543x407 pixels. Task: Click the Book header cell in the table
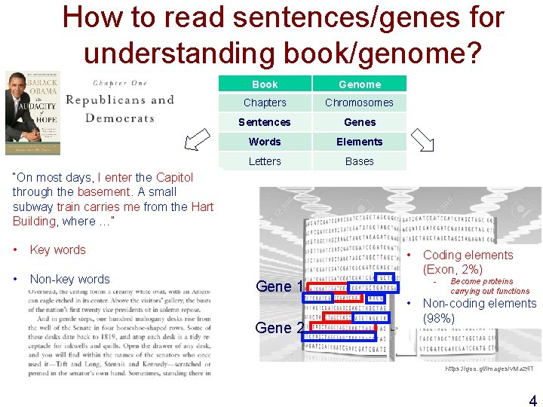click(265, 84)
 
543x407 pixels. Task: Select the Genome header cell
click(360, 84)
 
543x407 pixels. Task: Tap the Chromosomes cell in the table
click(359, 103)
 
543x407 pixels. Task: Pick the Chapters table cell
click(265, 103)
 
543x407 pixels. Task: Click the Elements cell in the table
click(360, 142)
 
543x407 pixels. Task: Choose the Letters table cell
click(265, 161)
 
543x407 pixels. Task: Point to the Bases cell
click(360, 161)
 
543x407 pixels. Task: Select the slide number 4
click(532, 400)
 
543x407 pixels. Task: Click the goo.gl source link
click(489, 369)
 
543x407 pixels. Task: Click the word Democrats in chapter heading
click(119, 118)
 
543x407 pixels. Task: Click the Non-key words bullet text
click(69, 279)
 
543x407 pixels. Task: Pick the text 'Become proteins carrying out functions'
click(489, 286)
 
